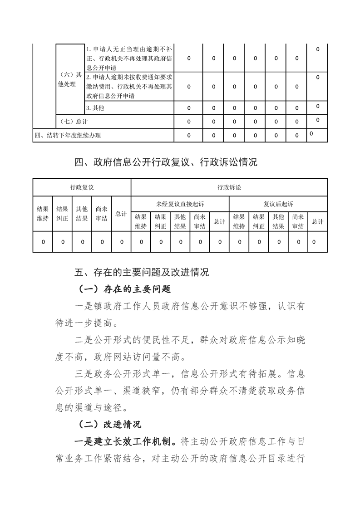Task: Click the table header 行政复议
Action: tap(82, 187)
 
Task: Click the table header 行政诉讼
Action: tap(229, 187)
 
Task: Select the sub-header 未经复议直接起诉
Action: tap(180, 204)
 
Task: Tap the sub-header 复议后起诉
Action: tap(278, 204)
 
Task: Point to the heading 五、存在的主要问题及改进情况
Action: tap(141, 272)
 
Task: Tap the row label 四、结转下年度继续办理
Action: tap(68, 135)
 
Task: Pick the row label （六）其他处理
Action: tap(70, 80)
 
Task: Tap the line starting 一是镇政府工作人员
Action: tap(189, 306)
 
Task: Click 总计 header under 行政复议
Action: tap(121, 214)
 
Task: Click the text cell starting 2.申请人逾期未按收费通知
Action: tap(128, 86)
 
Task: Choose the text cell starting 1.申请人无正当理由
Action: tap(128, 58)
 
